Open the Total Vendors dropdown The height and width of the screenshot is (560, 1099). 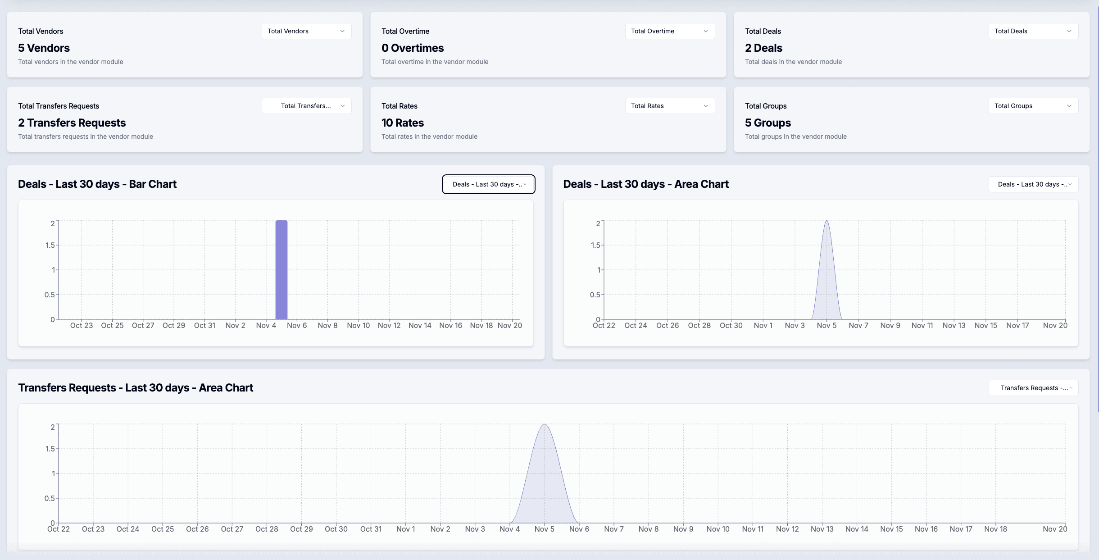pos(306,31)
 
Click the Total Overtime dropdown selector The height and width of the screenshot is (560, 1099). pos(670,31)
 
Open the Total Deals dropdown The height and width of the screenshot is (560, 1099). pos(1033,31)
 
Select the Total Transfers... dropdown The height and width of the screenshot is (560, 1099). pos(306,106)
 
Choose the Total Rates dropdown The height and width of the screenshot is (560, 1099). pos(670,106)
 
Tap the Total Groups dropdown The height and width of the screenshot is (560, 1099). pos(1033,106)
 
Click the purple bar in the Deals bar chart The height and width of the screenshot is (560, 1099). pos(282,270)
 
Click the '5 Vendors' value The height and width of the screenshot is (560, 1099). pos(44,48)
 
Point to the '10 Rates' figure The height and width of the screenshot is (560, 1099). pos(403,123)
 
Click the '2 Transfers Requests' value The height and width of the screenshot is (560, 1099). pos(72,123)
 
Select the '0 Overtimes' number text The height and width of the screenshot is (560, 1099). pos(413,48)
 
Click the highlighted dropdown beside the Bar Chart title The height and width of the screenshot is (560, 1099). pos(489,184)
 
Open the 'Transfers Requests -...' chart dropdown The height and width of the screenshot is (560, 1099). pos(1033,388)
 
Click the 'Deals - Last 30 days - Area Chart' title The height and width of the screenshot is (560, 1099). pos(646,184)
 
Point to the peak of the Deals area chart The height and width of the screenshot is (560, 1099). pos(827,221)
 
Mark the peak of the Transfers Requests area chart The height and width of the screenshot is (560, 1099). pos(545,425)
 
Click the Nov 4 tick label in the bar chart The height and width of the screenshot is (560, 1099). pos(266,325)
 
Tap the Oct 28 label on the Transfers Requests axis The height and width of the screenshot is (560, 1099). pos(267,529)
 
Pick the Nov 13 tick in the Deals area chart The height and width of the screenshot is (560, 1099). pos(954,325)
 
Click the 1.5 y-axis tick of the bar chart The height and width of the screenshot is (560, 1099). pos(50,245)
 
